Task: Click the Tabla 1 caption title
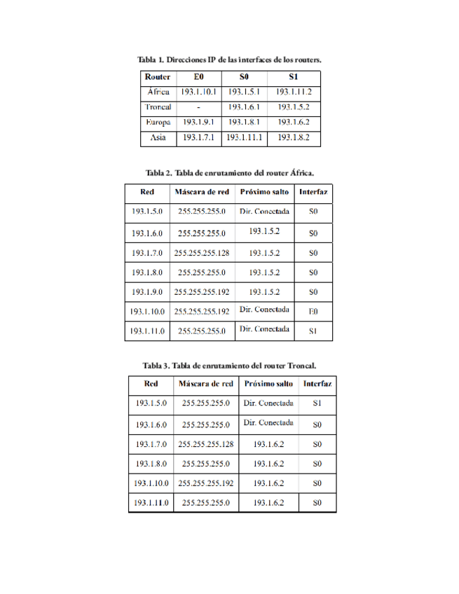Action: click(x=229, y=60)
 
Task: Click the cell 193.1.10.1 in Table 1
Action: click(x=199, y=92)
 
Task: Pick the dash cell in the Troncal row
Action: click(x=199, y=107)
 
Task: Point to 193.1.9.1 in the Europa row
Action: click(x=199, y=123)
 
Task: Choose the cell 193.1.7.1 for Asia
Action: click(x=199, y=138)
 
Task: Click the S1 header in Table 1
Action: click(x=293, y=76)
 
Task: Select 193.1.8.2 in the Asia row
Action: click(x=293, y=138)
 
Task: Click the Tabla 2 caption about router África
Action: click(x=229, y=172)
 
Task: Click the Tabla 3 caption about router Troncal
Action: click(x=229, y=365)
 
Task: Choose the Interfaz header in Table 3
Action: click(x=317, y=384)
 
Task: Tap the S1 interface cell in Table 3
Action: click(x=317, y=403)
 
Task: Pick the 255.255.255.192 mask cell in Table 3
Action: click(x=206, y=483)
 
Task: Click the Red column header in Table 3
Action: click(x=151, y=384)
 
